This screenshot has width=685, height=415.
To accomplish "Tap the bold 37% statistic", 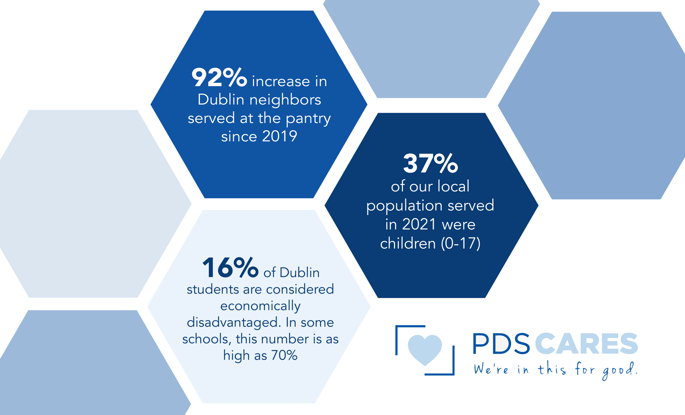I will tap(430, 163).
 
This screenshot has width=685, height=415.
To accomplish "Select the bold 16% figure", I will tap(230, 268).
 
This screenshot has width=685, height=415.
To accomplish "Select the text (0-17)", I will tap(460, 243).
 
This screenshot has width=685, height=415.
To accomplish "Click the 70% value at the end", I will tap(284, 356).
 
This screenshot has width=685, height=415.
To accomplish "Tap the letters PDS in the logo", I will tap(501, 344).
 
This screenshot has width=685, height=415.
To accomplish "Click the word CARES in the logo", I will tap(586, 344).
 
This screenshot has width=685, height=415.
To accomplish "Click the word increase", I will tap(281, 81).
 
